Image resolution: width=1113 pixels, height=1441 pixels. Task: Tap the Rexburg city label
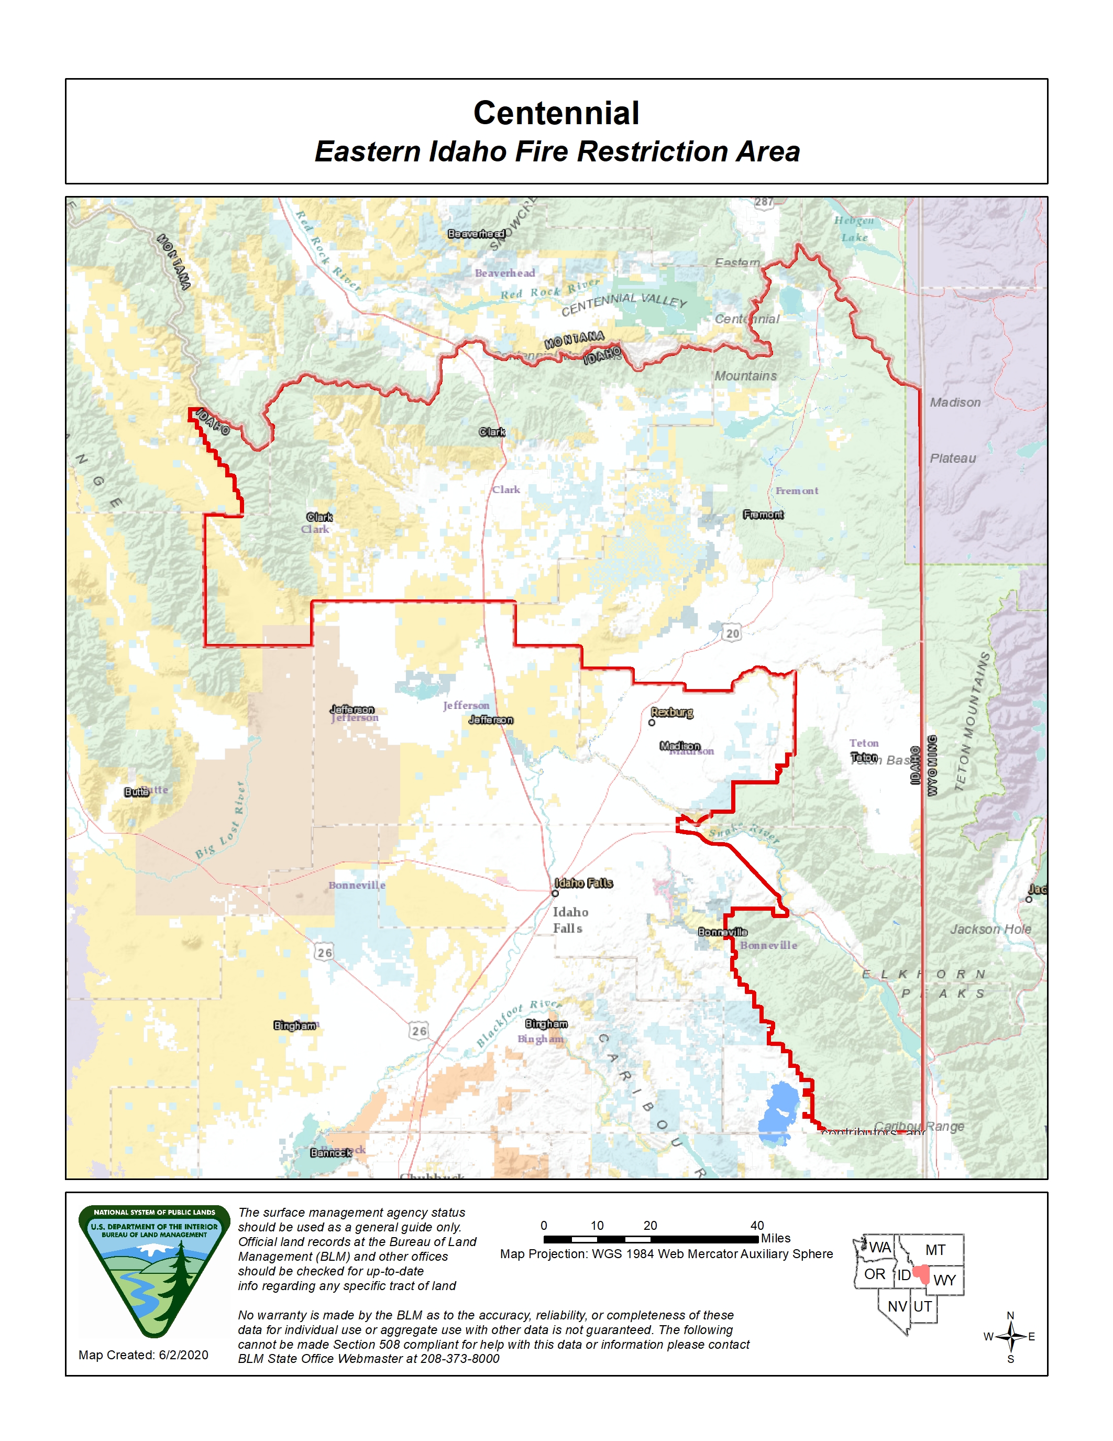(x=672, y=712)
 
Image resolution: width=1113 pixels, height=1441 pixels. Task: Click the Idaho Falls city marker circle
(x=555, y=893)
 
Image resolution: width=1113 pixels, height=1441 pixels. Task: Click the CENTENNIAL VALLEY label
(x=624, y=303)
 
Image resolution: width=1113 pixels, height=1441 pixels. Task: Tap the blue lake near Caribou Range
(x=780, y=1113)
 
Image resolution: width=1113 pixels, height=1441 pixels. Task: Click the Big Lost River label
(x=221, y=822)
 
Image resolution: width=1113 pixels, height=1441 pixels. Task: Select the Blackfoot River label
(x=517, y=1023)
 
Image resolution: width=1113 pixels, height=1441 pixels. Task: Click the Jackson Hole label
(x=990, y=929)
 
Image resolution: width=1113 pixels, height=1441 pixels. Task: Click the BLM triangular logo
(x=155, y=1270)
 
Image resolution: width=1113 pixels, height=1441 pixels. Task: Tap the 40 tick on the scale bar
(x=757, y=1225)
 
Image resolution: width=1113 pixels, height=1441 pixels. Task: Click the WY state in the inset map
(x=944, y=1281)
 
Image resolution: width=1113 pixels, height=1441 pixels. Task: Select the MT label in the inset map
(x=935, y=1250)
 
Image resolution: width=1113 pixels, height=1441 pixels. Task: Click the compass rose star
(x=1010, y=1337)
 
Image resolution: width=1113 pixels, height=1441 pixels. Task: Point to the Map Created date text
(x=143, y=1355)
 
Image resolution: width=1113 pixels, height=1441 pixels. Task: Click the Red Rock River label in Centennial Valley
(x=550, y=289)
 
